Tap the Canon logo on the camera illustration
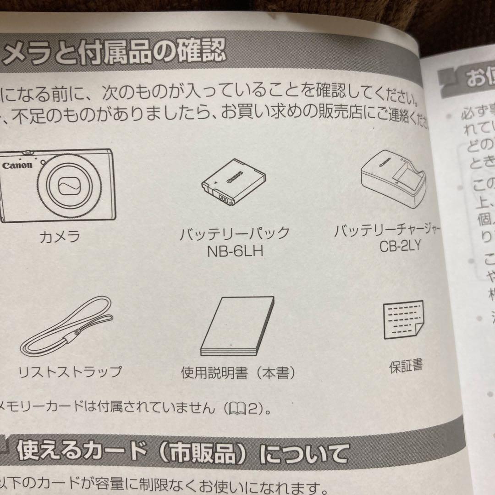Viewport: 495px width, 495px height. (17, 165)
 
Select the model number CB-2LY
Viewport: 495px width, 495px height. (400, 246)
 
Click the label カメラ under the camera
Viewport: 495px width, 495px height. (60, 236)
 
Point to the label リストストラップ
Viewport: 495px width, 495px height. (70, 371)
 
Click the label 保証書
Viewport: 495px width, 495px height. (406, 366)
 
